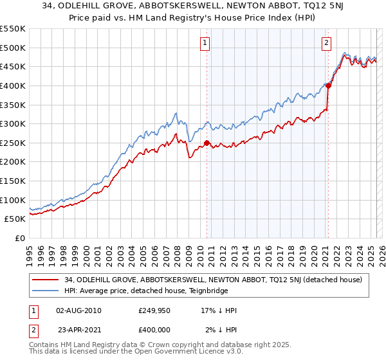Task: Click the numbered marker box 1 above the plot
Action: (205, 43)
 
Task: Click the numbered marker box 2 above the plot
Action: (327, 43)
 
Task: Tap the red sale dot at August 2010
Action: (207, 143)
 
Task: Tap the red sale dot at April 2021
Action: (328, 85)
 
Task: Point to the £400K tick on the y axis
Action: (14, 85)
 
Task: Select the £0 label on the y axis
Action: (20, 238)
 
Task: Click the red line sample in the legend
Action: (46, 280)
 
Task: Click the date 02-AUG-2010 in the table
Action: (78, 310)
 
